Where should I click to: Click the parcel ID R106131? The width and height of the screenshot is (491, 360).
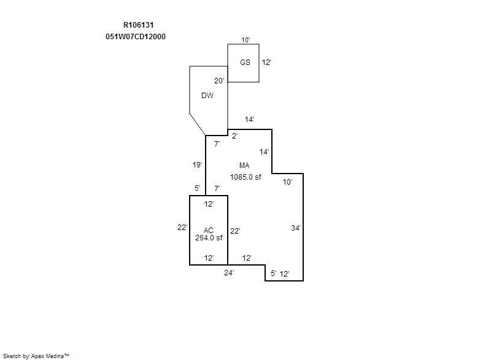click(139, 25)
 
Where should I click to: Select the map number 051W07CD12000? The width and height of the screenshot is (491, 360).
click(136, 37)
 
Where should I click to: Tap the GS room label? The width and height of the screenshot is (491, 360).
click(245, 62)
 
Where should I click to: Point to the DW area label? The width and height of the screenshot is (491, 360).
click(207, 96)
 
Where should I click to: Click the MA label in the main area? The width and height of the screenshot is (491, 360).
click(244, 166)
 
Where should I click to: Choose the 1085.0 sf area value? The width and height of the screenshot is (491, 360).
click(245, 177)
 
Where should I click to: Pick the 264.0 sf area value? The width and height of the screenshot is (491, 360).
click(209, 238)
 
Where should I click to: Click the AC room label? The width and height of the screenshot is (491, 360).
click(209, 231)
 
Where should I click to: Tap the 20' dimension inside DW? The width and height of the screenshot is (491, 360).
click(219, 81)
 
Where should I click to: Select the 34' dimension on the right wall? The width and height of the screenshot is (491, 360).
click(296, 228)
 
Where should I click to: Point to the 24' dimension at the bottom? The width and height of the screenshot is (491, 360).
click(229, 273)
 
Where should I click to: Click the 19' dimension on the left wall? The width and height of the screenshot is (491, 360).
click(197, 164)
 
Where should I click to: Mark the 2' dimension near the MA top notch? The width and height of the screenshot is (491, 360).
click(235, 136)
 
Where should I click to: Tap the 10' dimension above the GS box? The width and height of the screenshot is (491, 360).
click(245, 40)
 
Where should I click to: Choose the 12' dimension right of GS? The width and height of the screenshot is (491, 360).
click(266, 62)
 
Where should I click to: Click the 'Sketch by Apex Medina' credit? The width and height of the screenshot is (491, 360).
click(36, 356)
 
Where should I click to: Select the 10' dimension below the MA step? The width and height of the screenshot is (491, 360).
click(287, 182)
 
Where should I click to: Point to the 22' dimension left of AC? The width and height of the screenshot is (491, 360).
click(182, 228)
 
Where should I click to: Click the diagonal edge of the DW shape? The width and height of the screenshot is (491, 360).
click(198, 124)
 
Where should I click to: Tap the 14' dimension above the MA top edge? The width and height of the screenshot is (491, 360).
click(249, 120)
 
